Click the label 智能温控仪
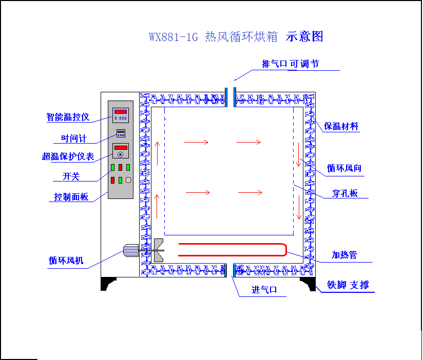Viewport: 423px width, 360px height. tap(68, 117)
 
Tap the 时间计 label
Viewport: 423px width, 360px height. tap(74, 138)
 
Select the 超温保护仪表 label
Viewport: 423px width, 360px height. tap(68, 156)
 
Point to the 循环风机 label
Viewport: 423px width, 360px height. tap(66, 261)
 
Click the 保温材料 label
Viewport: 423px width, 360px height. tap(341, 126)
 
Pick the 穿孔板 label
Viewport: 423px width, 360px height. tap(344, 193)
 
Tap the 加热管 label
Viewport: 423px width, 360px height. tap(344, 255)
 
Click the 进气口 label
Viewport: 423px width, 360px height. tap(264, 290)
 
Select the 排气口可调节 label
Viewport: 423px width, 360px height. tap(291, 64)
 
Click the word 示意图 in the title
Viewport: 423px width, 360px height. tap(305, 36)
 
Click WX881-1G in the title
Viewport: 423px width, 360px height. tap(173, 37)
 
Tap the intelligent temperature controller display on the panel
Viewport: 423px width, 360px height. tap(121, 114)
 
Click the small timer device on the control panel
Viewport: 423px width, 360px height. tap(121, 133)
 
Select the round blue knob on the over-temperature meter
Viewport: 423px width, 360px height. tap(121, 154)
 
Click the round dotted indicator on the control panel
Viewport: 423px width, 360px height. tap(128, 179)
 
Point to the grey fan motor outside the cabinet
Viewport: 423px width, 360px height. tap(131, 251)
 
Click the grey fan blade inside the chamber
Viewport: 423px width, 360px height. tap(158, 250)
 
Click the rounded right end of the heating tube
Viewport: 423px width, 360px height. tap(284, 249)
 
